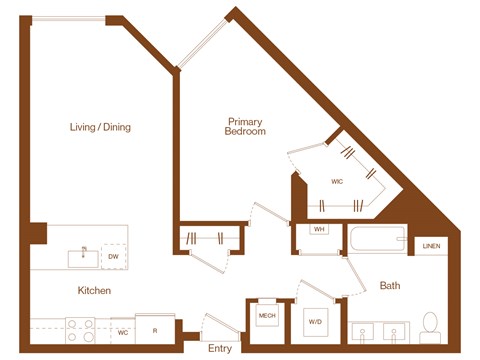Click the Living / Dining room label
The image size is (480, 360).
point(100,127)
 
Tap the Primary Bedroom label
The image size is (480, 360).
point(245,126)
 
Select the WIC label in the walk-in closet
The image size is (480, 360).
point(337,182)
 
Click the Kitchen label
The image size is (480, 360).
point(94,290)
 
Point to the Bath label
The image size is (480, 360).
point(390,286)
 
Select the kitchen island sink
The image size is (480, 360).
point(84,257)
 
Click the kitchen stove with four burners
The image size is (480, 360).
point(80,329)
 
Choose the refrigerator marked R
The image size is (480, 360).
point(153,330)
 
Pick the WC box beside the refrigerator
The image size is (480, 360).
point(123,331)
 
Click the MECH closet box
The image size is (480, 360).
point(267,317)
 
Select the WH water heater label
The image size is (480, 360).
point(320,230)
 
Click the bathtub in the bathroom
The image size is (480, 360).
point(376,241)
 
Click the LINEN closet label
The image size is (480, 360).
point(431,245)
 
